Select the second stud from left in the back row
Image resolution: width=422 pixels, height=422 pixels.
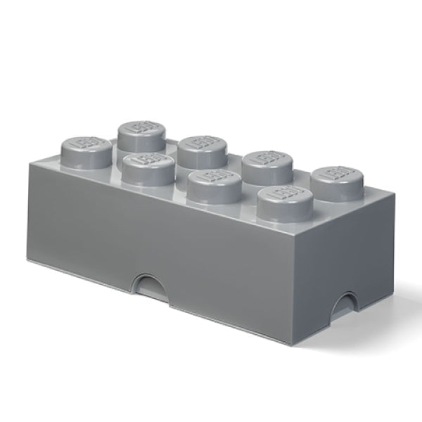[198, 146]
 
